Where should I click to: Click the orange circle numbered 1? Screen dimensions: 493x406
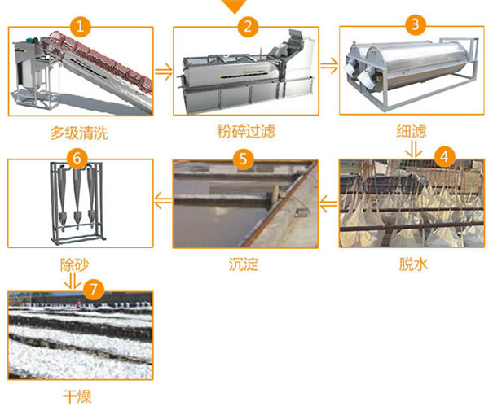click(80, 26)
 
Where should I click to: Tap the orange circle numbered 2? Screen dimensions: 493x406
click(248, 26)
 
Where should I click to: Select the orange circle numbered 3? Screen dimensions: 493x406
click(416, 24)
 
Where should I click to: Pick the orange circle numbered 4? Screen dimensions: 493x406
click(444, 156)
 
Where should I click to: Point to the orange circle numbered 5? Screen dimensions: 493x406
click(243, 159)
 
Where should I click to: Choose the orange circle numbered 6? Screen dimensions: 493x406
click(77, 158)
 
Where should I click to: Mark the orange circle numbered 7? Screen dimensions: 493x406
click(94, 289)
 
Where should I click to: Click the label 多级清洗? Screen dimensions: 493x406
click(79, 133)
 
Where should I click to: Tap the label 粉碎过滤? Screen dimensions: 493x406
click(246, 131)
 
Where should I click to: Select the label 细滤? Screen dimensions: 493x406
click(412, 131)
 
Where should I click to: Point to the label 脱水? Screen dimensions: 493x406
click(413, 264)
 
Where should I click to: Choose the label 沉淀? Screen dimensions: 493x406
click(244, 264)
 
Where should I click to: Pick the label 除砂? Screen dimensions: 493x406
click(75, 264)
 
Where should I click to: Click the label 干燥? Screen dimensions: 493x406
click(77, 397)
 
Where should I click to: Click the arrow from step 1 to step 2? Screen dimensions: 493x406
click(164, 72)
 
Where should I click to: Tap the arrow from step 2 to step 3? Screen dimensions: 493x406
click(329, 66)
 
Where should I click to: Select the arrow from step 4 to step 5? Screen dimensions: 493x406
click(329, 203)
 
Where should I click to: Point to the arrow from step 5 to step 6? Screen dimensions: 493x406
click(163, 200)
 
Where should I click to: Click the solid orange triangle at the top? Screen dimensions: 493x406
click(234, 6)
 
